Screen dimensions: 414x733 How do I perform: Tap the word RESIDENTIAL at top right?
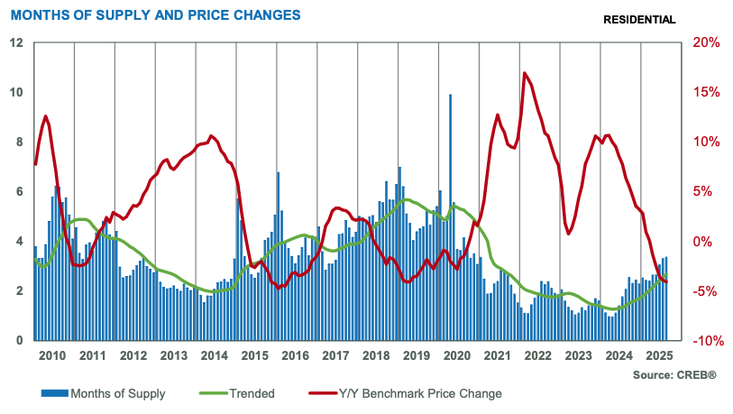coord(638,20)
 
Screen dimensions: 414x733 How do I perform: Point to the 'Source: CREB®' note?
coord(673,374)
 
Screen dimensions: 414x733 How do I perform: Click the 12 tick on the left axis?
coord(16,43)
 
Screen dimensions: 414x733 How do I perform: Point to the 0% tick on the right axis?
coord(707,242)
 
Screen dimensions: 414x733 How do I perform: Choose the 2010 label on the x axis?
coord(52,355)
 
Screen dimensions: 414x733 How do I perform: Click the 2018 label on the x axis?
coord(378,355)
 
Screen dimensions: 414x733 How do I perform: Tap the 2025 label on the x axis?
coord(660,355)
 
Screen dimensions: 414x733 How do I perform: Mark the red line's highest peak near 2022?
coord(524,73)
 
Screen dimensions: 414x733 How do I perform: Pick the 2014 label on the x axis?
coord(215,355)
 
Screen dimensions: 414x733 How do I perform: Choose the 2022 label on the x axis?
coord(539,355)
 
